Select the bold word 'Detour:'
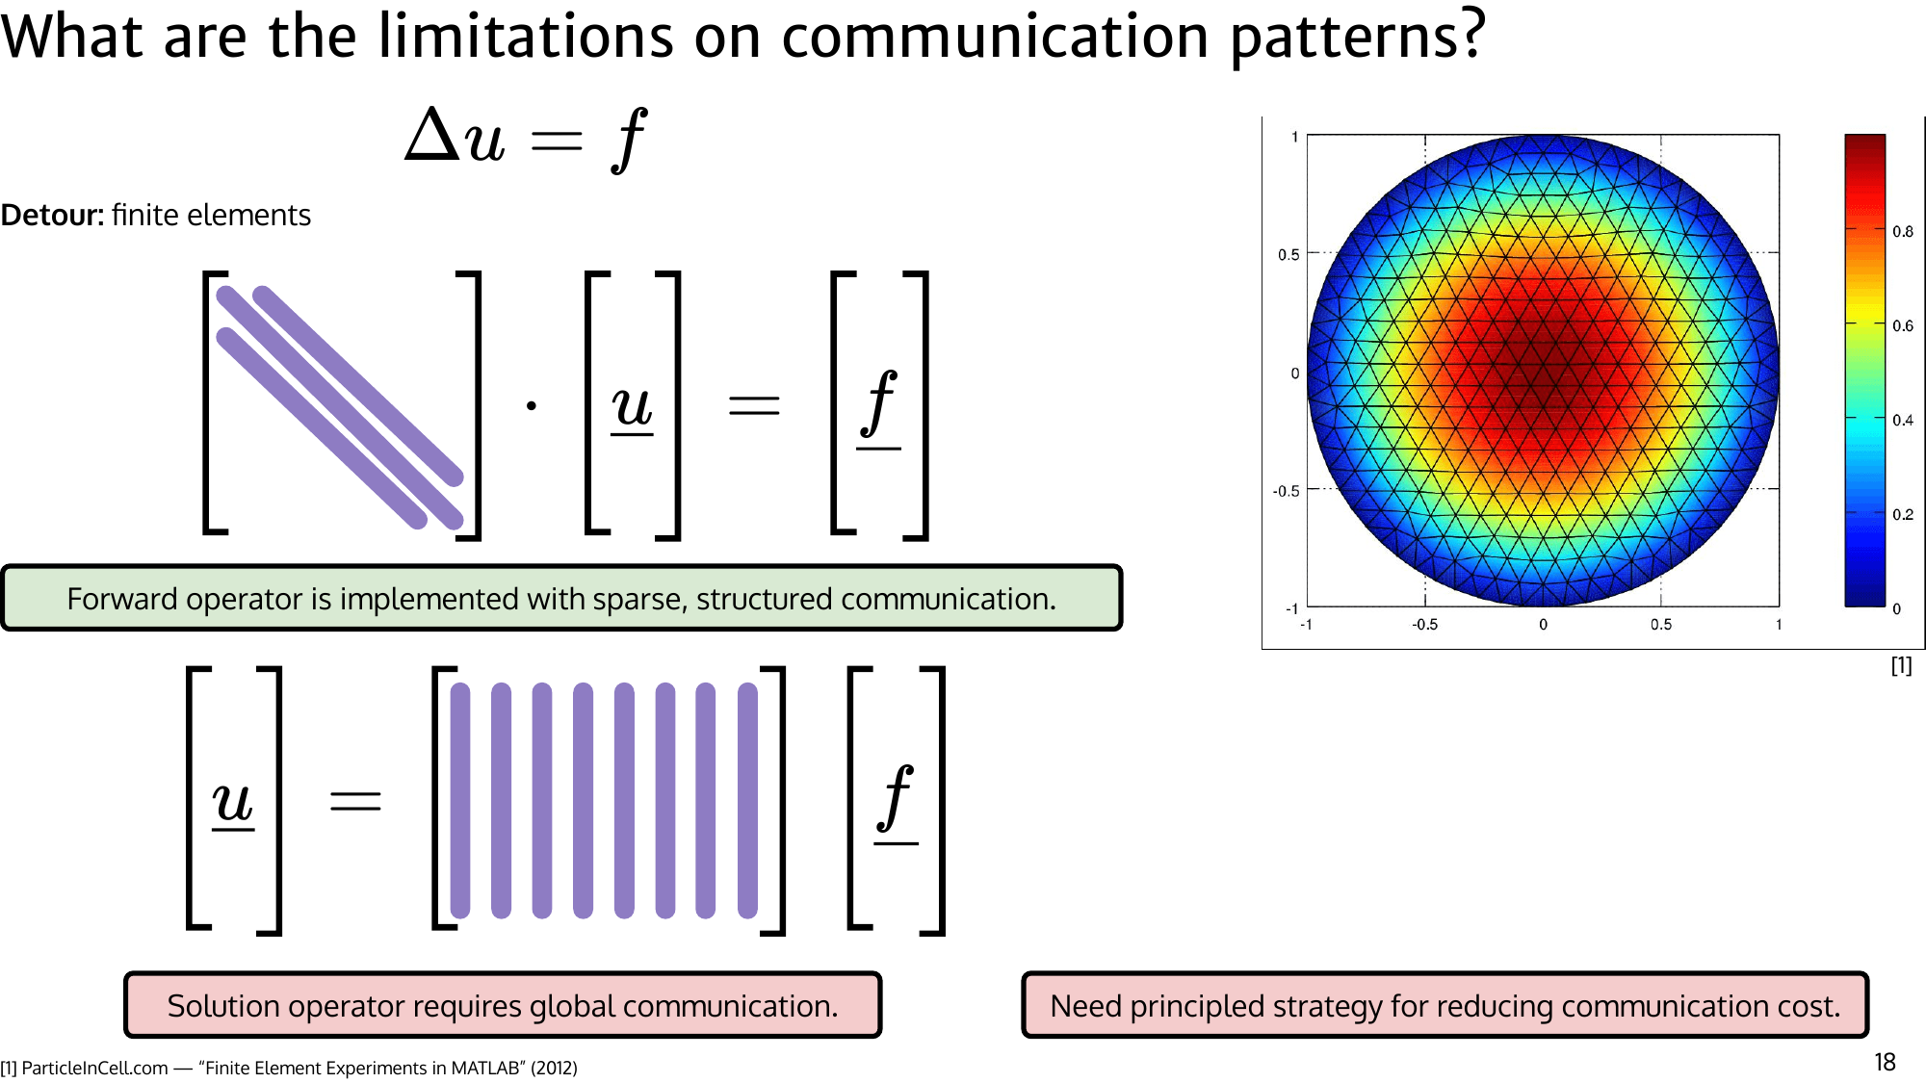coord(52,215)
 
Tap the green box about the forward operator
coord(561,599)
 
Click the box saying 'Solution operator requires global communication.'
coord(503,1006)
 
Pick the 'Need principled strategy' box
coord(1444,1006)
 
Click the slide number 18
coord(1885,1062)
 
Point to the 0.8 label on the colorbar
coord(1903,231)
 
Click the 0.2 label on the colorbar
coord(1903,514)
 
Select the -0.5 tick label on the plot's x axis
coord(1424,625)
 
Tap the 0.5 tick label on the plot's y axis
coord(1288,254)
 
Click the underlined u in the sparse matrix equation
coord(632,406)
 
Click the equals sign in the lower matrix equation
coord(355,801)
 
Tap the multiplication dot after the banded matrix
coord(532,406)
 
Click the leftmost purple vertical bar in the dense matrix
coord(460,801)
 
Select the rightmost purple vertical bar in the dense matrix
coord(747,801)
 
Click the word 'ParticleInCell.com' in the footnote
coord(94,1069)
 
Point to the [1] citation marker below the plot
coord(1901,665)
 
